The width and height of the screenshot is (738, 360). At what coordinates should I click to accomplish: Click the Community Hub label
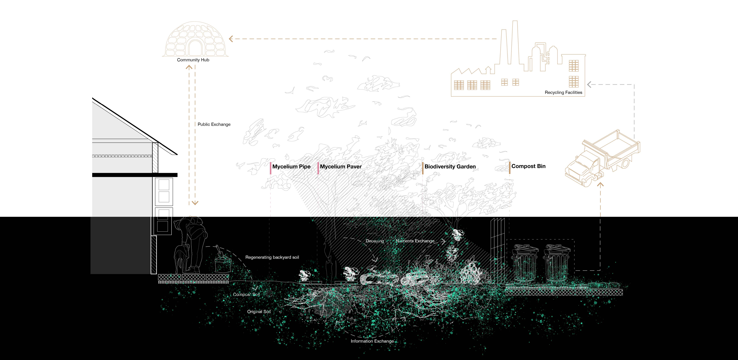[x=193, y=60]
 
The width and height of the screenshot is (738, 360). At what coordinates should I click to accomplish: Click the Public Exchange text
[x=214, y=124]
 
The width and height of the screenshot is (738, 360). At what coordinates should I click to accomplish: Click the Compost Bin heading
[x=529, y=166]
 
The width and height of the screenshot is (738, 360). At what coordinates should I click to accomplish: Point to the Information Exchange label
[x=372, y=341]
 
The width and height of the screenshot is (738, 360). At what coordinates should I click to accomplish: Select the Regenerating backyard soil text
[x=272, y=257]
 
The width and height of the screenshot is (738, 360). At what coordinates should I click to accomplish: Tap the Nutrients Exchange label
[x=415, y=241]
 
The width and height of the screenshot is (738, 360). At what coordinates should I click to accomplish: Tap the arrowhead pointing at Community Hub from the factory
[x=231, y=39]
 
